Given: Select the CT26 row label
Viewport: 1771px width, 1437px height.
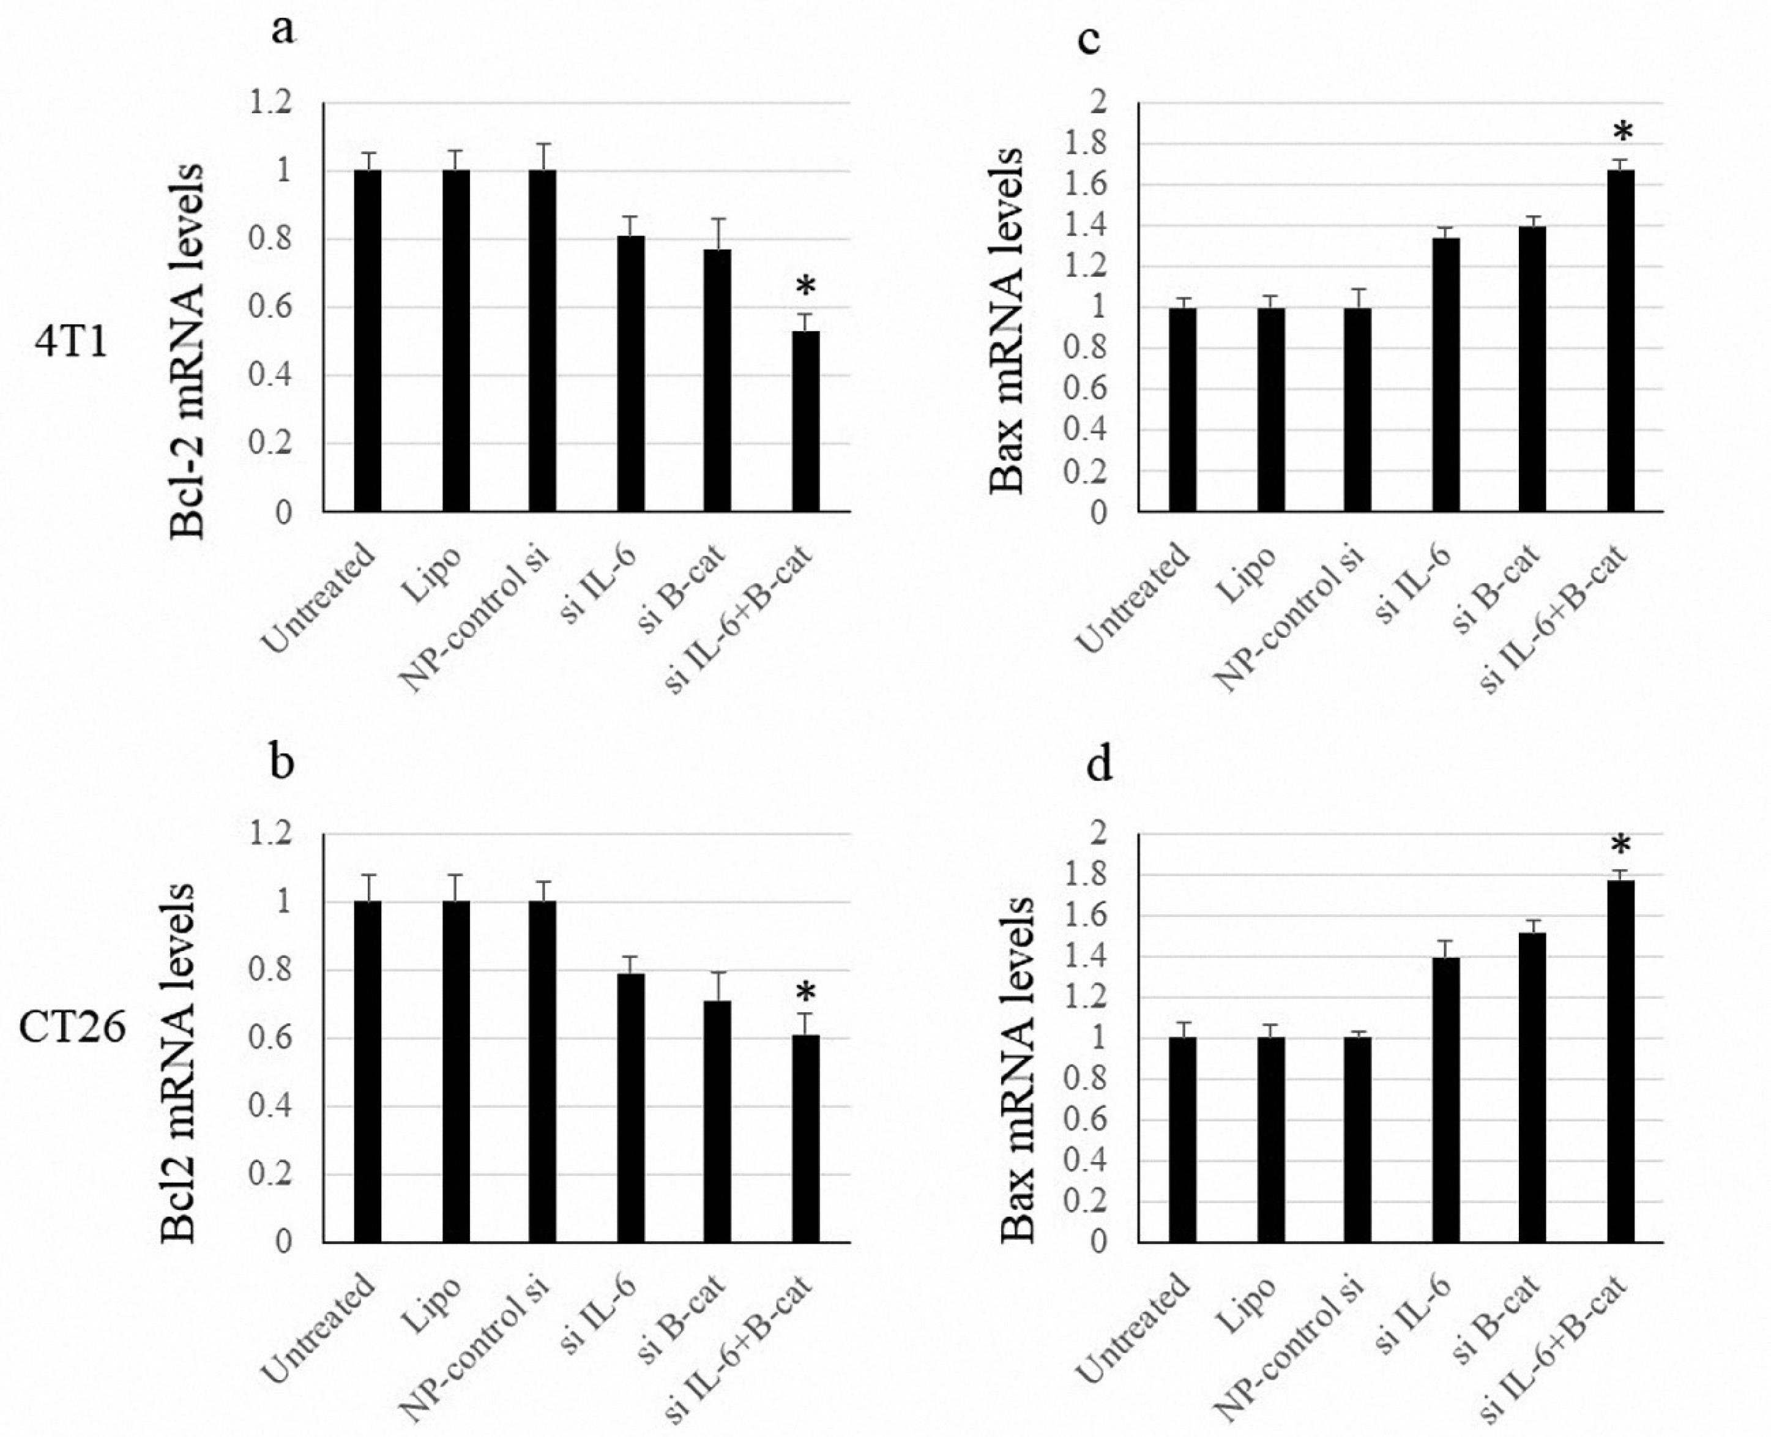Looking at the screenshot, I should click(73, 1029).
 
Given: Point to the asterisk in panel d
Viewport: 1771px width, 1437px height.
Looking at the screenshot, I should click(1620, 846).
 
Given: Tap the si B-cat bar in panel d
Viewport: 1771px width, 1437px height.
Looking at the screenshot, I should click(1532, 1087).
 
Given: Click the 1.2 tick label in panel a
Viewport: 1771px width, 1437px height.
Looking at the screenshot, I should click(274, 103).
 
